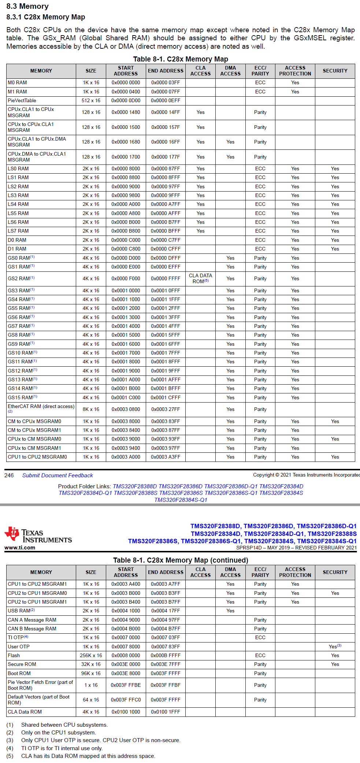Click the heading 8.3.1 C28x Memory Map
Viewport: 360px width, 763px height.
pos(45,17)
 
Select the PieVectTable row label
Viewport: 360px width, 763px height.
pos(22,100)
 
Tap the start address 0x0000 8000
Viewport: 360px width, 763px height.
pos(126,168)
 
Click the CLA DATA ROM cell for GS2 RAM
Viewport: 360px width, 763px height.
pos(200,278)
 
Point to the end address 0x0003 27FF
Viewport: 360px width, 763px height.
pos(166,409)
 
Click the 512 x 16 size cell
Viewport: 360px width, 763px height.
pos(91,100)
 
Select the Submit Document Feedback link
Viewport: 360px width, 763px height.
pos(57,475)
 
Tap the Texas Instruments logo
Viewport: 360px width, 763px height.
pos(38,536)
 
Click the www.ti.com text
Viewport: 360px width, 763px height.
pos(20,548)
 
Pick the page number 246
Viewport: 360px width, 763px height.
pos(9,475)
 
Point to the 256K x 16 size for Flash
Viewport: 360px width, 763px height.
pos(91,655)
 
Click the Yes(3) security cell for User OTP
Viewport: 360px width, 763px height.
pos(335,647)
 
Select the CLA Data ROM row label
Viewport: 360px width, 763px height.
pos(25,712)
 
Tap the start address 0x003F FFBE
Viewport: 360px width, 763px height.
pos(126,685)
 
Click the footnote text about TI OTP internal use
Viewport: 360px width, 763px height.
pos(62,748)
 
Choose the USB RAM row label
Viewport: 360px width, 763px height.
pos(21,611)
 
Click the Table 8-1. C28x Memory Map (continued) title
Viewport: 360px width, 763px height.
pos(181,560)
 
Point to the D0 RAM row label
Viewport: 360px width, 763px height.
pos(17,240)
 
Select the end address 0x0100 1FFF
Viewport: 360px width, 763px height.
pos(166,712)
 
